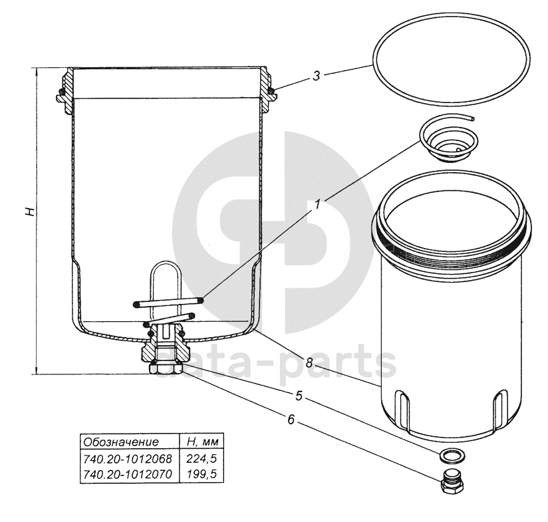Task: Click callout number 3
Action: [317, 75]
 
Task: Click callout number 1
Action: [317, 203]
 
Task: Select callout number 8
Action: [309, 362]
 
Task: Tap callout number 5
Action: [299, 396]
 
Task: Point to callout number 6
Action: [291, 420]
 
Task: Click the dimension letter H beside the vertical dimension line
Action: [30, 211]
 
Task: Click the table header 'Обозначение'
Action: [121, 442]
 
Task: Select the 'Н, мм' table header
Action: [203, 442]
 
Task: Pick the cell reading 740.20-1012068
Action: [128, 458]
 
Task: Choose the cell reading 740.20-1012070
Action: [128, 474]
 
